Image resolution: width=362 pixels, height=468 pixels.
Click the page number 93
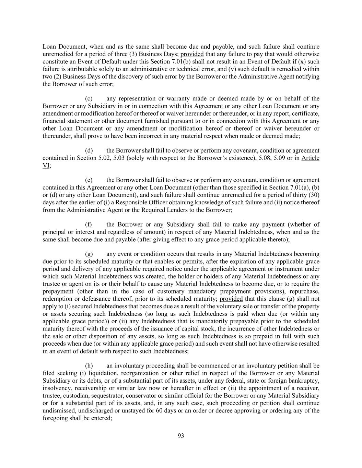coord(181,436)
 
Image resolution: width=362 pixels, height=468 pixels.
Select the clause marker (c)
coord(89,99)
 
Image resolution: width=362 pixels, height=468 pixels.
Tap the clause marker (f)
coord(89,225)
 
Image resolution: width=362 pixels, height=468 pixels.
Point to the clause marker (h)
coord(89,365)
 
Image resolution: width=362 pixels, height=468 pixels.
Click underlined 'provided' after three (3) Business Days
coord(192,54)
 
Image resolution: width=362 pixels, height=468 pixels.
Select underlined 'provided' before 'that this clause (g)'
coord(231,299)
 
